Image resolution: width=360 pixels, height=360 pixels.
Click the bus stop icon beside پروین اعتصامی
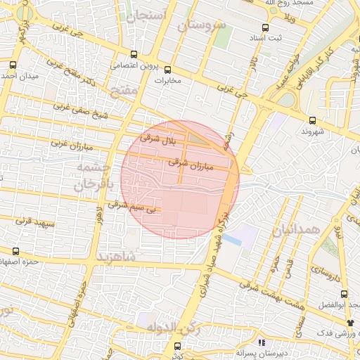(x=134, y=55)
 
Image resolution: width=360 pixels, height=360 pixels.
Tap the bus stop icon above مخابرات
(x=167, y=70)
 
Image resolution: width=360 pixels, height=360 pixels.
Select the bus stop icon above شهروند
(x=312, y=120)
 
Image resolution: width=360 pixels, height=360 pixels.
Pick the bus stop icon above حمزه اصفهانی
(x=15, y=251)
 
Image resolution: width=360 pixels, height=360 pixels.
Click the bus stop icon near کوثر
(x=176, y=346)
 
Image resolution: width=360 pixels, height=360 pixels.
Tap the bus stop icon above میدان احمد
(x=13, y=65)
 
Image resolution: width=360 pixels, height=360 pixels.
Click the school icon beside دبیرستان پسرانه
(x=261, y=342)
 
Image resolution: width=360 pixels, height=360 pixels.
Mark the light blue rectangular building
(x=242, y=235)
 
